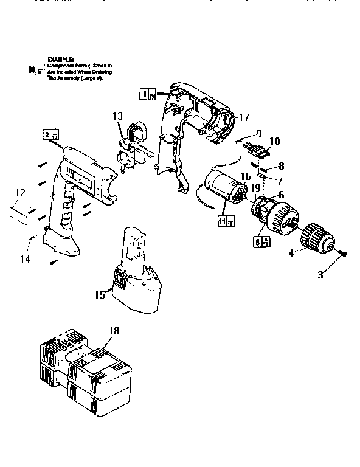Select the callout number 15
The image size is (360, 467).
point(100,295)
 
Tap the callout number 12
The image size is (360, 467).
point(20,193)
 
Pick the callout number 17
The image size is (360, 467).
point(244,117)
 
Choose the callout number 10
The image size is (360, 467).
point(274,141)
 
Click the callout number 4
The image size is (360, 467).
point(292,252)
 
